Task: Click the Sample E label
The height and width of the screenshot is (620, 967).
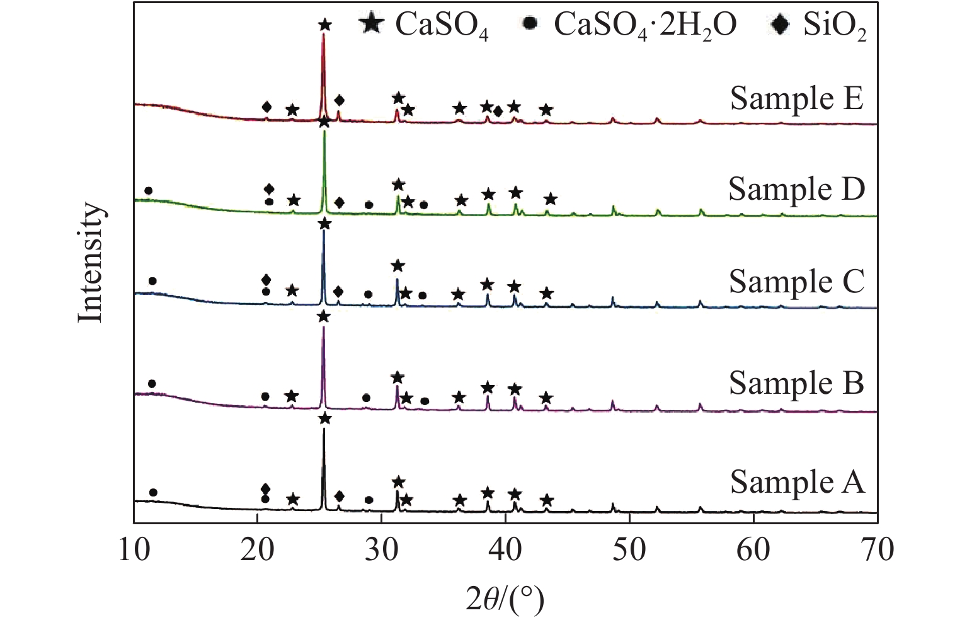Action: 796,100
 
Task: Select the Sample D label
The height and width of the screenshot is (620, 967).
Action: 796,189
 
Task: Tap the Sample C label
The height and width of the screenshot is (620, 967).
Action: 796,282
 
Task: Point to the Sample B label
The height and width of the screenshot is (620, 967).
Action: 796,383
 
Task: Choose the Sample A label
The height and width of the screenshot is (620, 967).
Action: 797,482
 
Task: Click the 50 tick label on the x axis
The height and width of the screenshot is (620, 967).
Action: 629,550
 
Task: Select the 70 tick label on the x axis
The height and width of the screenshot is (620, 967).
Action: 877,550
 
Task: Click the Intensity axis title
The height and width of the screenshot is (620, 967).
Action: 91,263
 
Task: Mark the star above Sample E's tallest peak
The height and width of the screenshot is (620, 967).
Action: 324,26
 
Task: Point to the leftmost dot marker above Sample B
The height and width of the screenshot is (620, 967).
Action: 151,384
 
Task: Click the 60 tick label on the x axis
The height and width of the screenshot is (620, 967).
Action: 753,550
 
